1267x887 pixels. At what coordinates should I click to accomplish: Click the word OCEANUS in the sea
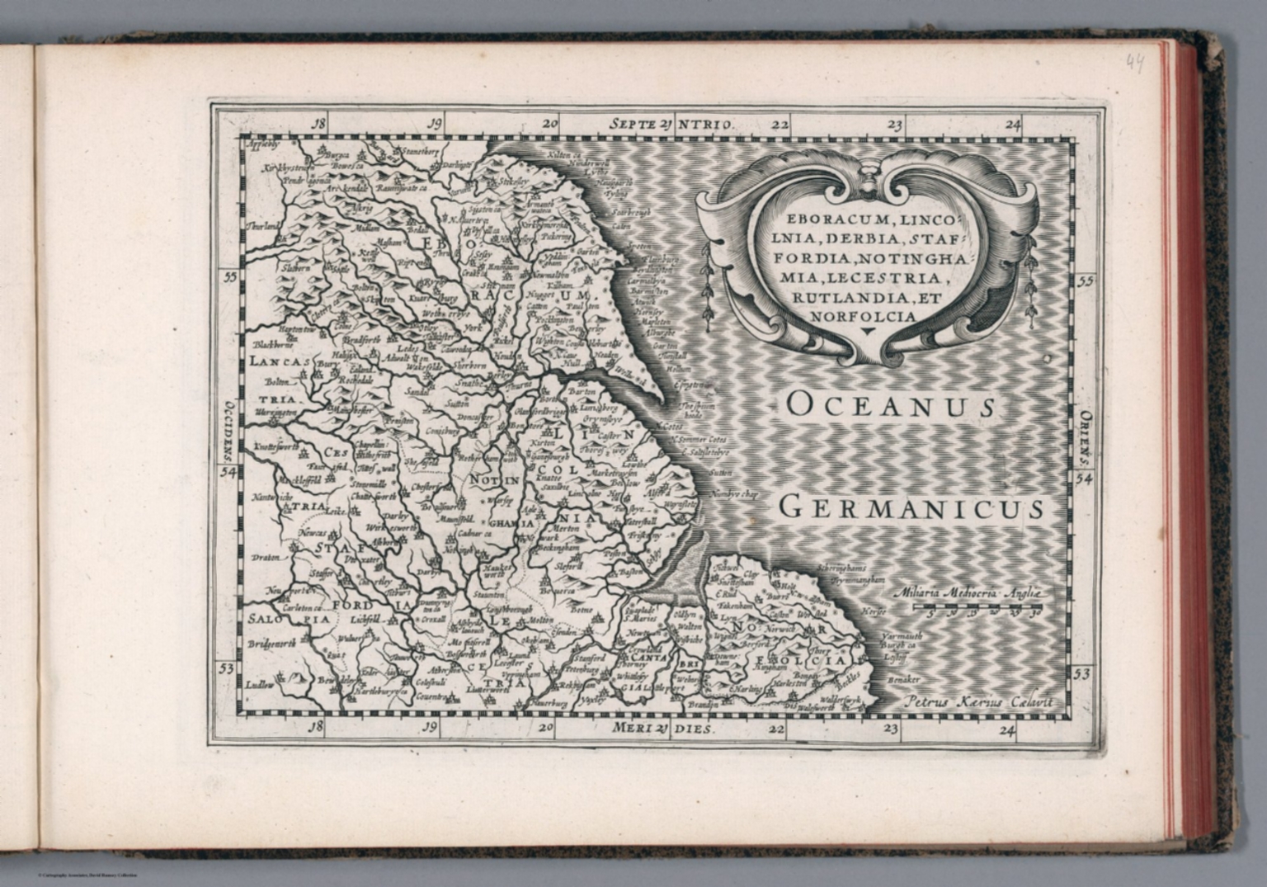click(891, 405)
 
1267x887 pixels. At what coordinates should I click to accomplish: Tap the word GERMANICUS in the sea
click(911, 507)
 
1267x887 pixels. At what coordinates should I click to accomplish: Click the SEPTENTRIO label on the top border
click(671, 125)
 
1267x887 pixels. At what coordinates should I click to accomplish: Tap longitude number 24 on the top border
click(1013, 125)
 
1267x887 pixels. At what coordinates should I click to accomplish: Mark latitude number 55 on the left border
click(229, 277)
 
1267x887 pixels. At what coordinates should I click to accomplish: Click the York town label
click(472, 328)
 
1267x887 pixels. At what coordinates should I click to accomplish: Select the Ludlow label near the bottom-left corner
click(259, 685)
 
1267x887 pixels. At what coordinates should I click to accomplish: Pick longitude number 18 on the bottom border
click(313, 728)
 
